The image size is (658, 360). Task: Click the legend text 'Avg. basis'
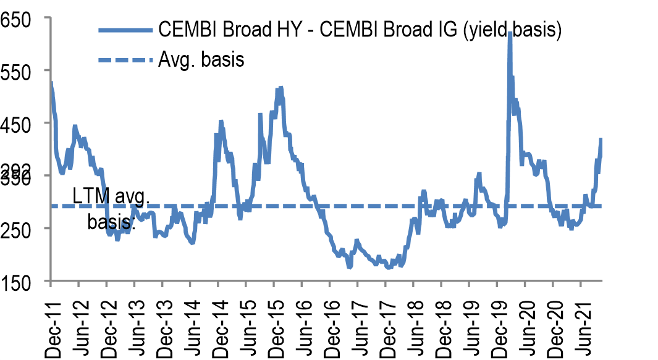point(201,60)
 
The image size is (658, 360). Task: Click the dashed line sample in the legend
point(124,60)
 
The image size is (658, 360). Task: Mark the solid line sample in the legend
point(124,29)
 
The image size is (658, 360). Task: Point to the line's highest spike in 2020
point(510,34)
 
